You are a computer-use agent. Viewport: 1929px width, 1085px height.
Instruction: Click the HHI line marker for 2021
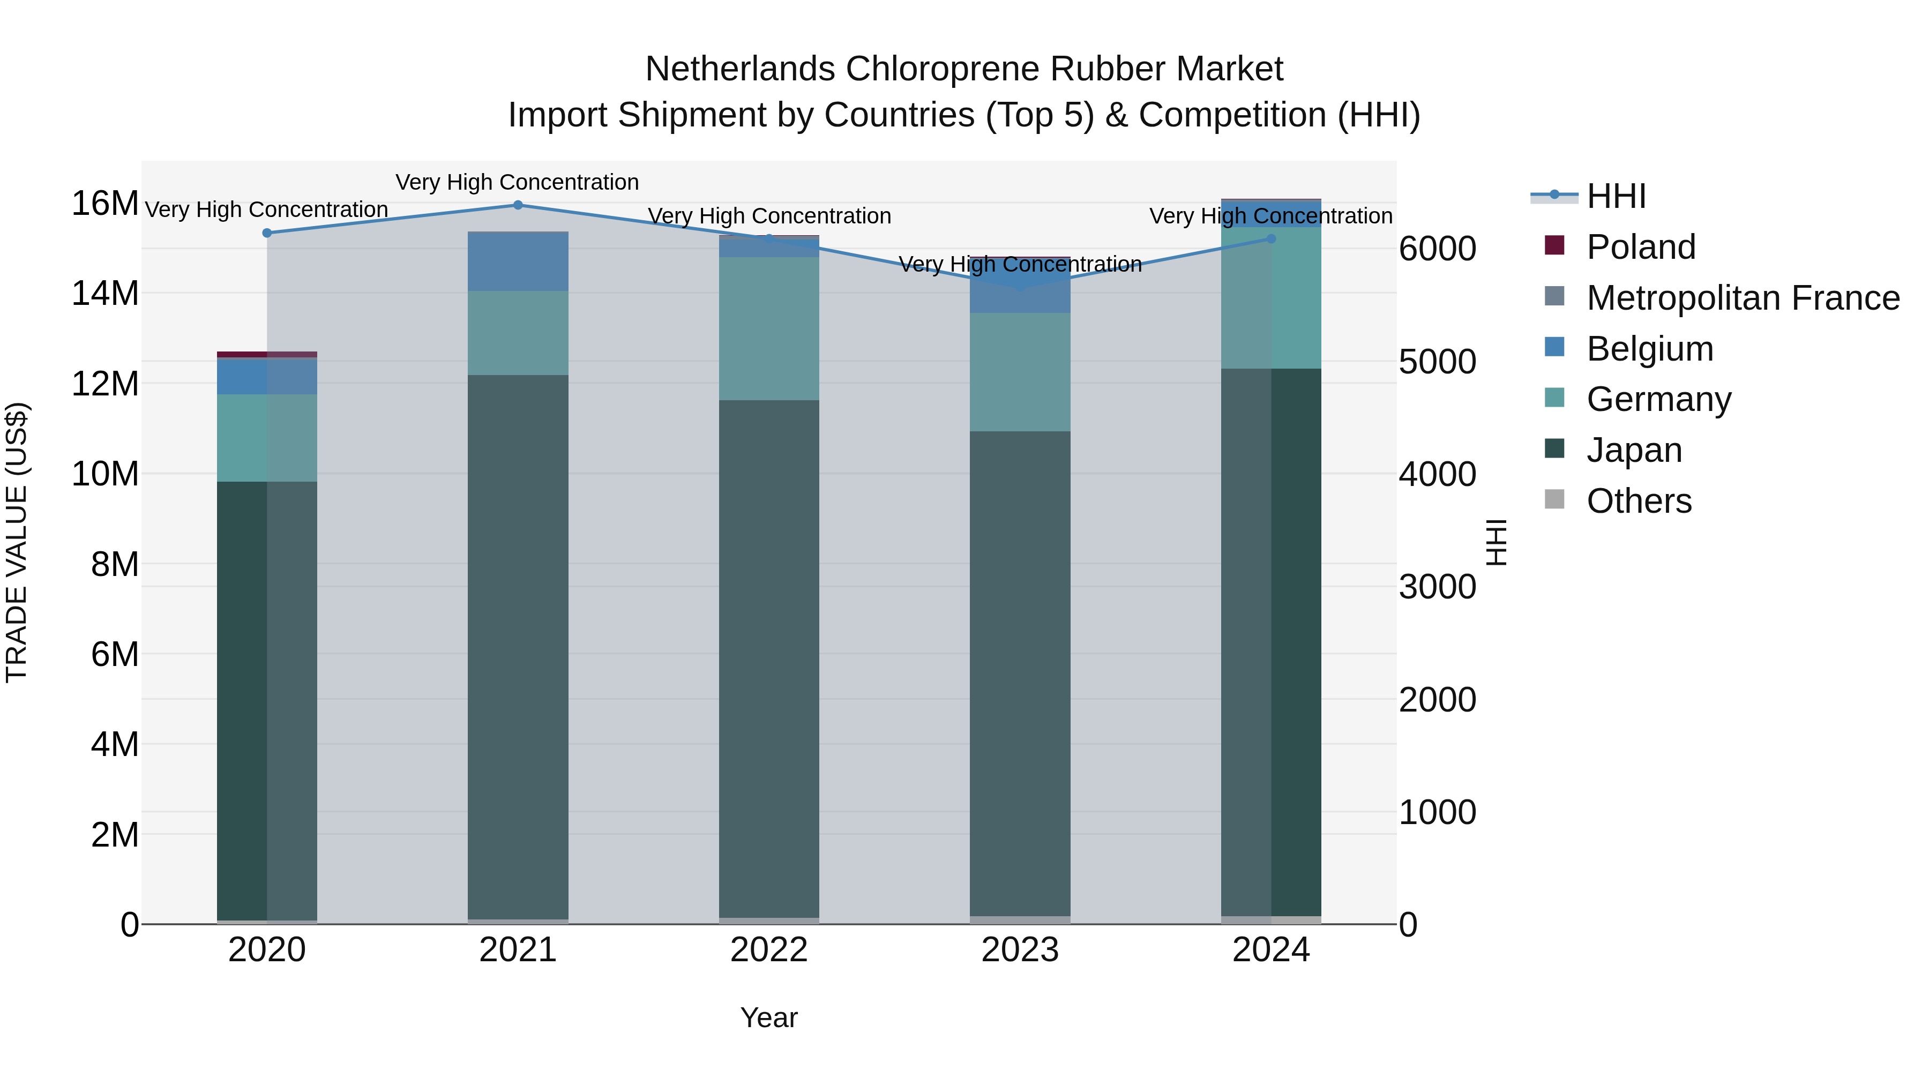518,205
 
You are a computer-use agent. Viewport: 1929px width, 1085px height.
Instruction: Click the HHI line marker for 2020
267,233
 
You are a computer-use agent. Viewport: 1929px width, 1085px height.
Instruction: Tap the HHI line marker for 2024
1271,239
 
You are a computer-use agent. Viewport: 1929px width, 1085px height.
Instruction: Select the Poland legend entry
1640,247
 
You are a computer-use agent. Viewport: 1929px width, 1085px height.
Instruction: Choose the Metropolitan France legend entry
1743,298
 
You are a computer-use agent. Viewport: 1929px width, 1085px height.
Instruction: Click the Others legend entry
1639,501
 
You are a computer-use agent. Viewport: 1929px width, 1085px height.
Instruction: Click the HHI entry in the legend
1616,196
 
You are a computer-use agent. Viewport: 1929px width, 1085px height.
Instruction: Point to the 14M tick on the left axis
105,294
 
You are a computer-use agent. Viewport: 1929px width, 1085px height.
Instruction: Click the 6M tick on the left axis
115,654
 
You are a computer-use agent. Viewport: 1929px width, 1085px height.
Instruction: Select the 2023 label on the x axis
1020,951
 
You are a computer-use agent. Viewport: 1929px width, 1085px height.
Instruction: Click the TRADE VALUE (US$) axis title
17,542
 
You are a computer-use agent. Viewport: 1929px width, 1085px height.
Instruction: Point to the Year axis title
769,1019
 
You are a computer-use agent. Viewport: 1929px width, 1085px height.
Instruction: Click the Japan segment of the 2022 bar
769,659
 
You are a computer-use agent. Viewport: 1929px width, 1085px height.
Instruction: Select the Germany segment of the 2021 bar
518,333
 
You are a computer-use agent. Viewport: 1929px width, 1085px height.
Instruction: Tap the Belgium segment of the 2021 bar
518,262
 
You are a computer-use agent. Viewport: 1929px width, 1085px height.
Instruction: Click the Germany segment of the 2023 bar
1020,372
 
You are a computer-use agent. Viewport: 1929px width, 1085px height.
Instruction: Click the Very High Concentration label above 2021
518,182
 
